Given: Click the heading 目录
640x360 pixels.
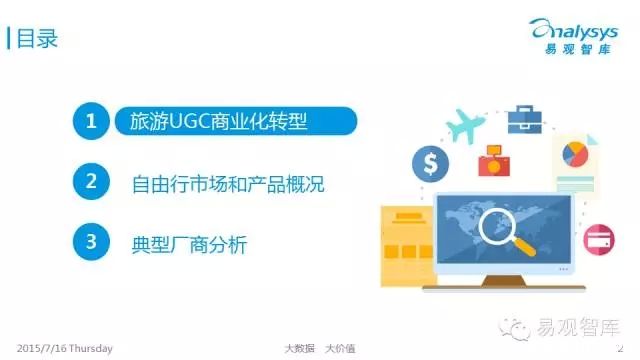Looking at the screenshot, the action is tap(37, 38).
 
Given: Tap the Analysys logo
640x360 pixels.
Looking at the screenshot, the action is tap(573, 36).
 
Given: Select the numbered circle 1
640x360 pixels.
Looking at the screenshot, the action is tap(91, 121).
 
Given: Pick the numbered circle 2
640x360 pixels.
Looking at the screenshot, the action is tap(91, 181).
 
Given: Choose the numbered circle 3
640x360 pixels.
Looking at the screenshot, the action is tap(91, 242).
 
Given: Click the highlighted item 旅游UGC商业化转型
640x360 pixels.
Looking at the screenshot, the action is tap(236, 121).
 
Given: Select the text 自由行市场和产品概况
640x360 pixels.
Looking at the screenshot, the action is tap(228, 184).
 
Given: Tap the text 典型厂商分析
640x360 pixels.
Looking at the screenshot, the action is tap(189, 244).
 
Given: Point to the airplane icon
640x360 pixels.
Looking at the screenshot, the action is tap(465, 125).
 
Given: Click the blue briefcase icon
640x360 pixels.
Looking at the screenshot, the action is tap(524, 120).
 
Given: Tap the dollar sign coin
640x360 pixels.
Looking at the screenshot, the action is tap(430, 164).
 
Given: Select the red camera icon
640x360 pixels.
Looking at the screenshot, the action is tap(494, 161).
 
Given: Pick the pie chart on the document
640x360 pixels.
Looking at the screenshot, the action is tap(575, 154).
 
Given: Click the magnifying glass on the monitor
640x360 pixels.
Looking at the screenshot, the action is tap(504, 231).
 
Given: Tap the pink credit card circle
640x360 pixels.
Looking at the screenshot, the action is tap(599, 240).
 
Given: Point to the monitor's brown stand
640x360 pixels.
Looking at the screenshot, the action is tap(504, 281).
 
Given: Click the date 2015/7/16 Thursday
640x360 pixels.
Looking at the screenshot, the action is tap(64, 349).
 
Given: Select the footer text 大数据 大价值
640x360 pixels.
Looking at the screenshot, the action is tap(320, 349).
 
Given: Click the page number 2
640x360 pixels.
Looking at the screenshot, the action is tap(620, 348).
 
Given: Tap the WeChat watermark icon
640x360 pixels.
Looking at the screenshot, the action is tap(513, 328).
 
